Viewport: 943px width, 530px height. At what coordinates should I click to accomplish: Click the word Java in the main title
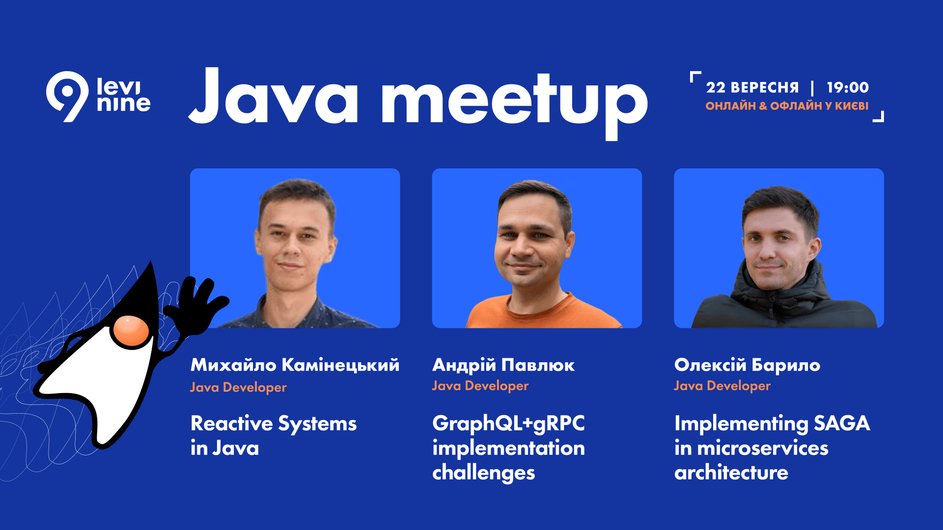coord(273,96)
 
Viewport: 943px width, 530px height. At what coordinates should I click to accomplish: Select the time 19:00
coord(848,88)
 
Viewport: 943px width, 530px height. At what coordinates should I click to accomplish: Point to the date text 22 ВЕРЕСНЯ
coord(752,88)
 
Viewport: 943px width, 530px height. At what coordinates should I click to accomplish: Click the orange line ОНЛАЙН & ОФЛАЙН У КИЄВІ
coord(787,106)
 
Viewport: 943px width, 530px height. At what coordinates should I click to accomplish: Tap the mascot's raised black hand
coord(196,304)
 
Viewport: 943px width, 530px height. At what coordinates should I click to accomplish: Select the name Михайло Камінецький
coord(295,365)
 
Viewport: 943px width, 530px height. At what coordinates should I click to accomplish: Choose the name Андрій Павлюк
coord(503,365)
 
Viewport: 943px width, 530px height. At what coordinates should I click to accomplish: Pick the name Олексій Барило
coord(747,365)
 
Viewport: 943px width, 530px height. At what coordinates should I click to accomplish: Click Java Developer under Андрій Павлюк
coord(480,386)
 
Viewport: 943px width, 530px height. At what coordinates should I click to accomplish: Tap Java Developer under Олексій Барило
coord(722,386)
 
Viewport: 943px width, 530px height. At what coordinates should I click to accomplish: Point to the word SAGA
coord(842,424)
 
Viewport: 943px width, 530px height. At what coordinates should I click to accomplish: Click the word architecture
coord(731,473)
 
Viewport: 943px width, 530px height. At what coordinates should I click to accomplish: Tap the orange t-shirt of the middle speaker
coord(543,314)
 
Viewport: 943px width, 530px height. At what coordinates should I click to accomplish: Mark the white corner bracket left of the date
coord(693,75)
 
